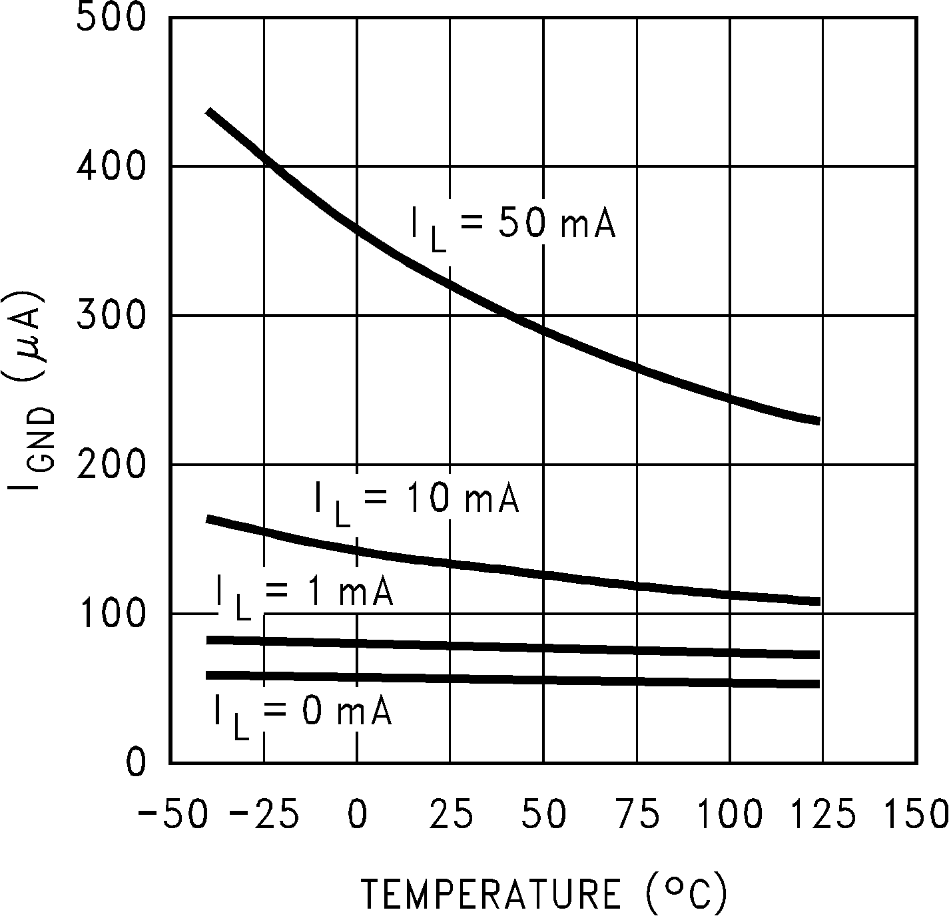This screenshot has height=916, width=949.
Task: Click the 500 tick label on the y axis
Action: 111,18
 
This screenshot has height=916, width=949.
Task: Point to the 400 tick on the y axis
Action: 111,166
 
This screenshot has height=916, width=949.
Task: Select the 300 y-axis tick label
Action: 111,315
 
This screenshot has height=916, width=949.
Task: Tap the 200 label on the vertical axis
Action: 111,464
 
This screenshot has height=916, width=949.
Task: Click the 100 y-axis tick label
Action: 111,613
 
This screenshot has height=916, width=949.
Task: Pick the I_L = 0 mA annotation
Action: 302,714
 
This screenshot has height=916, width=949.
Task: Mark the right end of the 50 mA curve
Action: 818,421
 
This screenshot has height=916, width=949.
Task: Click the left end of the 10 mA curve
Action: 208,519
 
